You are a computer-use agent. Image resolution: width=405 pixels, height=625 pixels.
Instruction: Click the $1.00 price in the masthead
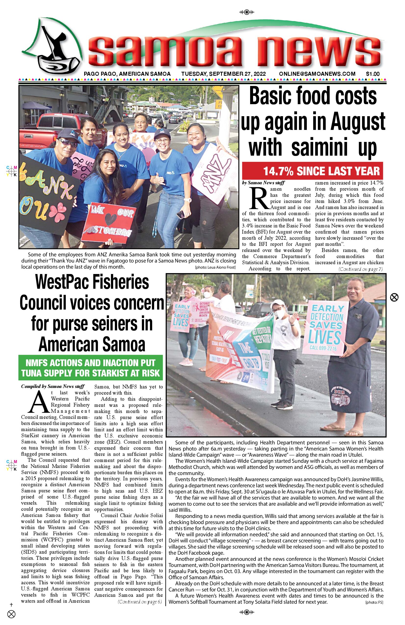pos(373,74)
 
